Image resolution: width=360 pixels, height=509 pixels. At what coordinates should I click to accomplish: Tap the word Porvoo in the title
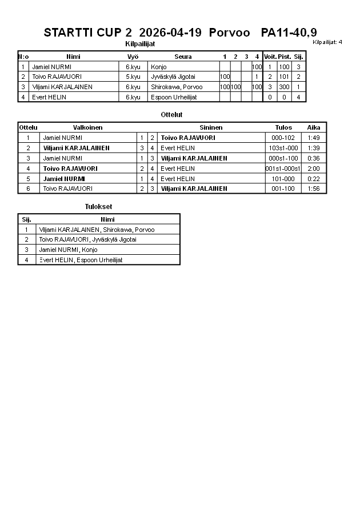click(x=230, y=33)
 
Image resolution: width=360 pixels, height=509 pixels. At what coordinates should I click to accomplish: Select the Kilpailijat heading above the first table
click(x=140, y=43)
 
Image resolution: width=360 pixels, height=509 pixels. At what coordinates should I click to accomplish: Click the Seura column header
click(x=183, y=57)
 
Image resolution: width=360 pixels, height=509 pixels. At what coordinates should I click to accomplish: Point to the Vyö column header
click(x=133, y=57)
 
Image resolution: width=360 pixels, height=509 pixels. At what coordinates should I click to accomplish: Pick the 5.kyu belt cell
click(x=133, y=77)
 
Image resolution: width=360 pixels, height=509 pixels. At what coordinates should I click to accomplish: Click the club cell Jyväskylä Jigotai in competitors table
click(x=174, y=77)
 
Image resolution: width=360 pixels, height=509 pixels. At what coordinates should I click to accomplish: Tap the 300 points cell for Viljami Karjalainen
click(x=285, y=87)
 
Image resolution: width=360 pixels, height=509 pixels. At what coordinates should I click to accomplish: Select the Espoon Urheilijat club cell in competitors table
click(x=174, y=97)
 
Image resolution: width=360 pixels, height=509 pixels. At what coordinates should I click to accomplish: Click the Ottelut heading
click(x=171, y=115)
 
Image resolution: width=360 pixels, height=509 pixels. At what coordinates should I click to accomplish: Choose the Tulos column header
click(x=283, y=127)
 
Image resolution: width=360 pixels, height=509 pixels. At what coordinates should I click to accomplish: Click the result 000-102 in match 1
click(x=283, y=138)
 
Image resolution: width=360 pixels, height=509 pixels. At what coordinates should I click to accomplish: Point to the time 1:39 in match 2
click(x=313, y=148)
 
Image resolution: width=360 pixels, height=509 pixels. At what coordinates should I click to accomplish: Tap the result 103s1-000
click(x=283, y=148)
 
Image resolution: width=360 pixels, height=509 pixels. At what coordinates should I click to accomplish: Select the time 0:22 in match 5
click(x=313, y=179)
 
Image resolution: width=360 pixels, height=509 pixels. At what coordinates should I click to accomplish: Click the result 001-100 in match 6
click(x=283, y=189)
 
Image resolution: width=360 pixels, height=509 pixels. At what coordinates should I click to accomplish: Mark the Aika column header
click(x=314, y=127)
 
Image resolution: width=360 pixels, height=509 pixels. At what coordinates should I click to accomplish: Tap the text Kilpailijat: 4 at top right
click(x=327, y=42)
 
